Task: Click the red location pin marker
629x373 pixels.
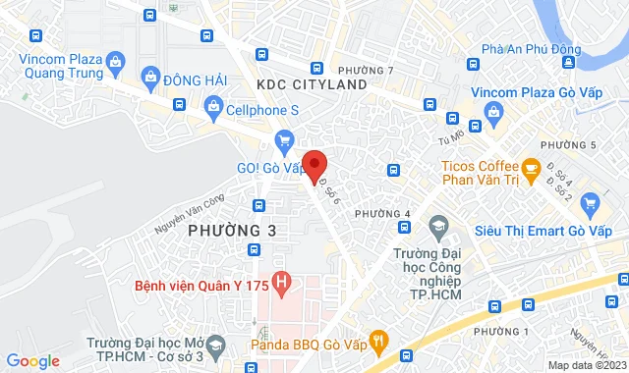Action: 314,165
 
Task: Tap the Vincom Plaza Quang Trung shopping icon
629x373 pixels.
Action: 115,65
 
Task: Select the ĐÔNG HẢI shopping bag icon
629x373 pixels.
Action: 149,76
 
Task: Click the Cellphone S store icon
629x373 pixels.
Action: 212,105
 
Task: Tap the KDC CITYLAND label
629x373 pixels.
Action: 311,85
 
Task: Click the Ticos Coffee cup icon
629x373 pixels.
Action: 530,169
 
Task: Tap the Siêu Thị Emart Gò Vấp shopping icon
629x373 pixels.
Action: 590,204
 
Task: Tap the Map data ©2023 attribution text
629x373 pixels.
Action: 586,365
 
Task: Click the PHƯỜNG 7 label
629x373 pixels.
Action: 365,71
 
